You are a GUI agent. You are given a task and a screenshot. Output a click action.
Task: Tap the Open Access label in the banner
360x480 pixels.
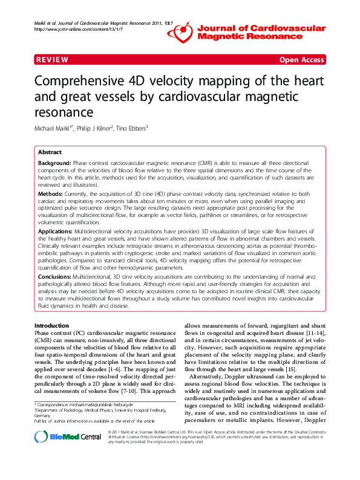301,60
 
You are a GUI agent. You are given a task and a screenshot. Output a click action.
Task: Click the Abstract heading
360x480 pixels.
50,152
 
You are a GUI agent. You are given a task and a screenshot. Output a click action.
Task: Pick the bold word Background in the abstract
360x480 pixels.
54,164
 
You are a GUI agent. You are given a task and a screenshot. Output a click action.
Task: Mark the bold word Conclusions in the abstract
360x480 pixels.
54,275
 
